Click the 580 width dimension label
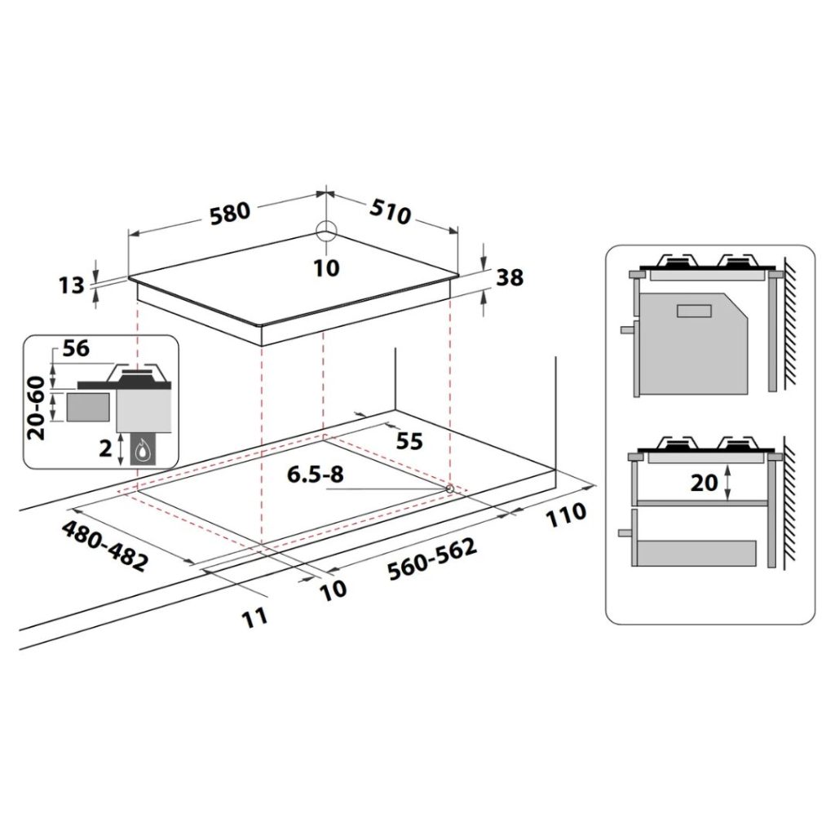[x=229, y=214]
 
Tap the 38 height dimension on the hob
[x=510, y=277]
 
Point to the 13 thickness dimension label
[x=72, y=285]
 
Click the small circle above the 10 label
[x=326, y=232]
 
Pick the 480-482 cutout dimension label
[x=105, y=545]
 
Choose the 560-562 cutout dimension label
[x=432, y=562]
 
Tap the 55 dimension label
[x=409, y=441]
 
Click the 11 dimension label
[x=255, y=616]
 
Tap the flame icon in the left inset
[x=144, y=449]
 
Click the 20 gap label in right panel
[x=705, y=482]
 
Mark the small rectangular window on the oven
[x=695, y=310]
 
